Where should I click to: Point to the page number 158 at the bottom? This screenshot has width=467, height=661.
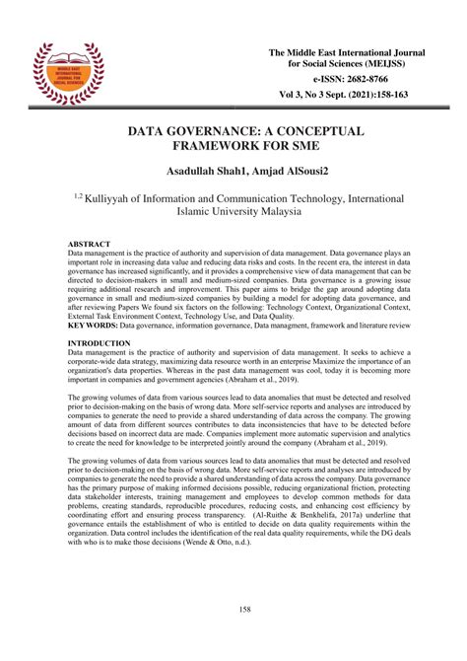[x=233, y=609]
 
